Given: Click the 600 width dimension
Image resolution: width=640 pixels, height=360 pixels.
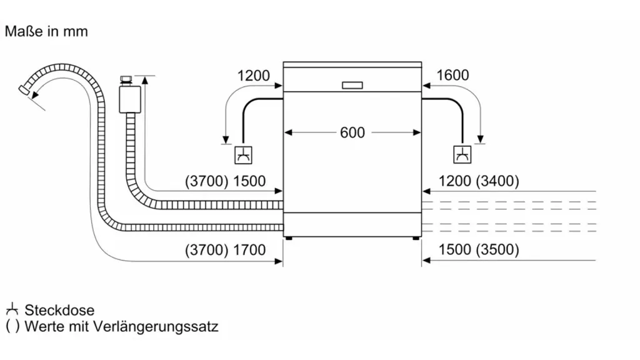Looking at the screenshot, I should tap(352, 132).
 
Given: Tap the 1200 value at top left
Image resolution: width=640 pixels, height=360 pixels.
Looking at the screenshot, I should tap(254, 76).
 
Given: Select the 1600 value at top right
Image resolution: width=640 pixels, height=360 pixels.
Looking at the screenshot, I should tap(452, 76).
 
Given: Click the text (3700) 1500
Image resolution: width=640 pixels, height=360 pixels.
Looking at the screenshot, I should tap(226, 181).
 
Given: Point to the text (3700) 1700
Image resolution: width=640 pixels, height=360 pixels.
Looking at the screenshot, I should tap(226, 250).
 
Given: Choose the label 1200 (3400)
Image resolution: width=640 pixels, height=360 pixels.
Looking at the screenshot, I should tap(479, 181).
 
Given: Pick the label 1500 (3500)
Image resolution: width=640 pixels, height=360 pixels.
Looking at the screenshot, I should tap(479, 250).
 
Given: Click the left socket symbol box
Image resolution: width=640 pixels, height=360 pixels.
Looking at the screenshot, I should tap(242, 154).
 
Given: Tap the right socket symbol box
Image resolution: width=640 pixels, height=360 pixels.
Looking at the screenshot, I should tap(462, 154).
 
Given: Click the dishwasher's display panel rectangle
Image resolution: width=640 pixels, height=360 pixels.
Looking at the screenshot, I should tap(352, 85).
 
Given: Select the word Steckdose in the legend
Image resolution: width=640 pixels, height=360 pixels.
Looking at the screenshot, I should tap(59, 310).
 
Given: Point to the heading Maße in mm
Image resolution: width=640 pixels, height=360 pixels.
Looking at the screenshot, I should tap(46, 31).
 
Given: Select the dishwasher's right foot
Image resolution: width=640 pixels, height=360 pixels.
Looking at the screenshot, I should tap(416, 237).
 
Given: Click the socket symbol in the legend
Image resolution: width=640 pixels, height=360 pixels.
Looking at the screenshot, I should tap(11, 309).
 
